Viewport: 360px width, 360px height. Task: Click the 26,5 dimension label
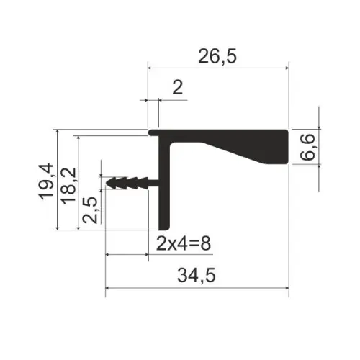[x=217, y=56]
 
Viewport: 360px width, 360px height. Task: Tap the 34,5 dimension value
[x=197, y=275]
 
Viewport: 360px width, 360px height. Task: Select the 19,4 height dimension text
[x=45, y=181]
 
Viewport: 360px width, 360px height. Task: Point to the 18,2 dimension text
[x=68, y=186]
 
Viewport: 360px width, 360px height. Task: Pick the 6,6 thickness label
[x=307, y=147]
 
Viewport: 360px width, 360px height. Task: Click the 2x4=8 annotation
[x=184, y=243]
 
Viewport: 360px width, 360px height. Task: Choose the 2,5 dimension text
[x=90, y=210]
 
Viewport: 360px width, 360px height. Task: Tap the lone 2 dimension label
[x=178, y=88]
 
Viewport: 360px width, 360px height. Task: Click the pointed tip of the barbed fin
[x=107, y=183]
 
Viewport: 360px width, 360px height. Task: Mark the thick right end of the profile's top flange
[x=282, y=147]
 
